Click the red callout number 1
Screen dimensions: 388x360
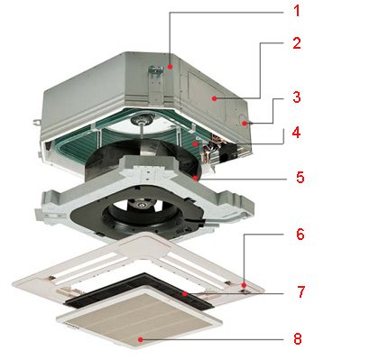coord(297,11)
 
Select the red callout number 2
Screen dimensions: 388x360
coord(297,43)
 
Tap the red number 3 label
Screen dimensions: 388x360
coord(297,97)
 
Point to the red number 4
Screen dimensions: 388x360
coord(296,132)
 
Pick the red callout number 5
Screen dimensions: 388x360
coord(300,177)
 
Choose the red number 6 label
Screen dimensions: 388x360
coord(300,234)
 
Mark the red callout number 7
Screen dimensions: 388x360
coord(301,291)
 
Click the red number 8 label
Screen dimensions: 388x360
coord(297,339)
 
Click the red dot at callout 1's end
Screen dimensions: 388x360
coord(170,67)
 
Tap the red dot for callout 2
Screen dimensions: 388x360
coord(214,98)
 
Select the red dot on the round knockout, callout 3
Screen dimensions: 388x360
coord(245,123)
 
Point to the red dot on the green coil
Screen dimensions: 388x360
coord(196,144)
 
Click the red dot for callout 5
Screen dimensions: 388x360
coord(196,178)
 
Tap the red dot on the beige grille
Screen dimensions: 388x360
coord(140,339)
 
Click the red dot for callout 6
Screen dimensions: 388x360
coord(244,284)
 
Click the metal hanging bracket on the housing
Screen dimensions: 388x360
coord(156,85)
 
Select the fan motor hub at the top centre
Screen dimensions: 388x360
coord(140,121)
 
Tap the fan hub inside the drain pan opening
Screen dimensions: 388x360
coord(141,206)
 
